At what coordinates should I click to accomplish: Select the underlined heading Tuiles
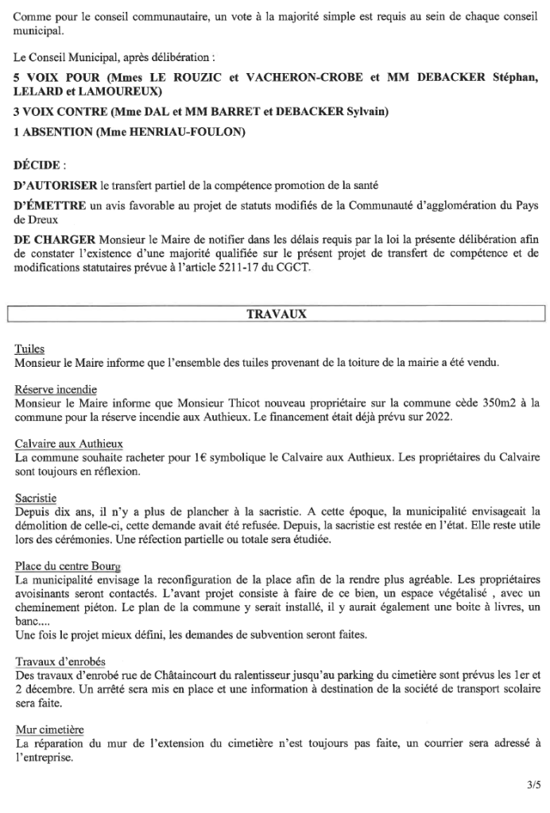pos(29,349)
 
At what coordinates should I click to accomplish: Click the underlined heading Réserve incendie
pos(56,389)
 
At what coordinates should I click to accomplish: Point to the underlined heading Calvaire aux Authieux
pos(68,443)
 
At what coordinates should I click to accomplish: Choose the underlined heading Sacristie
pos(35,497)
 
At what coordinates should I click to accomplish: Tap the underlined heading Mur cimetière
pos(50,728)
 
